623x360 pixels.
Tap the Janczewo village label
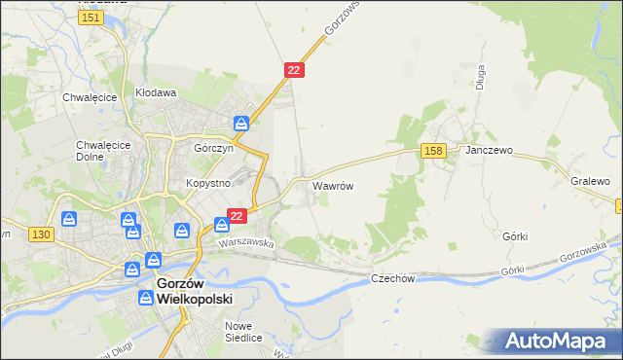click(489, 152)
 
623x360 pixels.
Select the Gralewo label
click(590, 181)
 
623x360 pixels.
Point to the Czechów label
click(393, 278)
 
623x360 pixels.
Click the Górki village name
click(516, 236)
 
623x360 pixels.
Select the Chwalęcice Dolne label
click(97, 150)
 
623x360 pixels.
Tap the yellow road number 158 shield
click(434, 150)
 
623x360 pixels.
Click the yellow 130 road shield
click(40, 234)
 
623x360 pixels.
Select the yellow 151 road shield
click(92, 18)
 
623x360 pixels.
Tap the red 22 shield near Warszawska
click(237, 215)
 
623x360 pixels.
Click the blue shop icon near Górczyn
click(241, 124)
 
